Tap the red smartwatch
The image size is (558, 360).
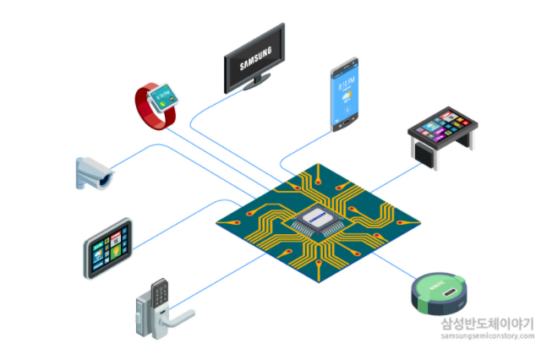pos(157,106)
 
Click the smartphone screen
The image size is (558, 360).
pos(346,94)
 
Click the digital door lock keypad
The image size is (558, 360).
pos(158,296)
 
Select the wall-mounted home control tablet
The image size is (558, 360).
pos(108,248)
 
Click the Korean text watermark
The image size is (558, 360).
pos(486,322)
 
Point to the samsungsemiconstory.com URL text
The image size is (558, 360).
pos(486,335)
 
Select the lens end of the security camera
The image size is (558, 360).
pos(106,178)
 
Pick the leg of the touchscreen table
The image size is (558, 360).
pos(418,151)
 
